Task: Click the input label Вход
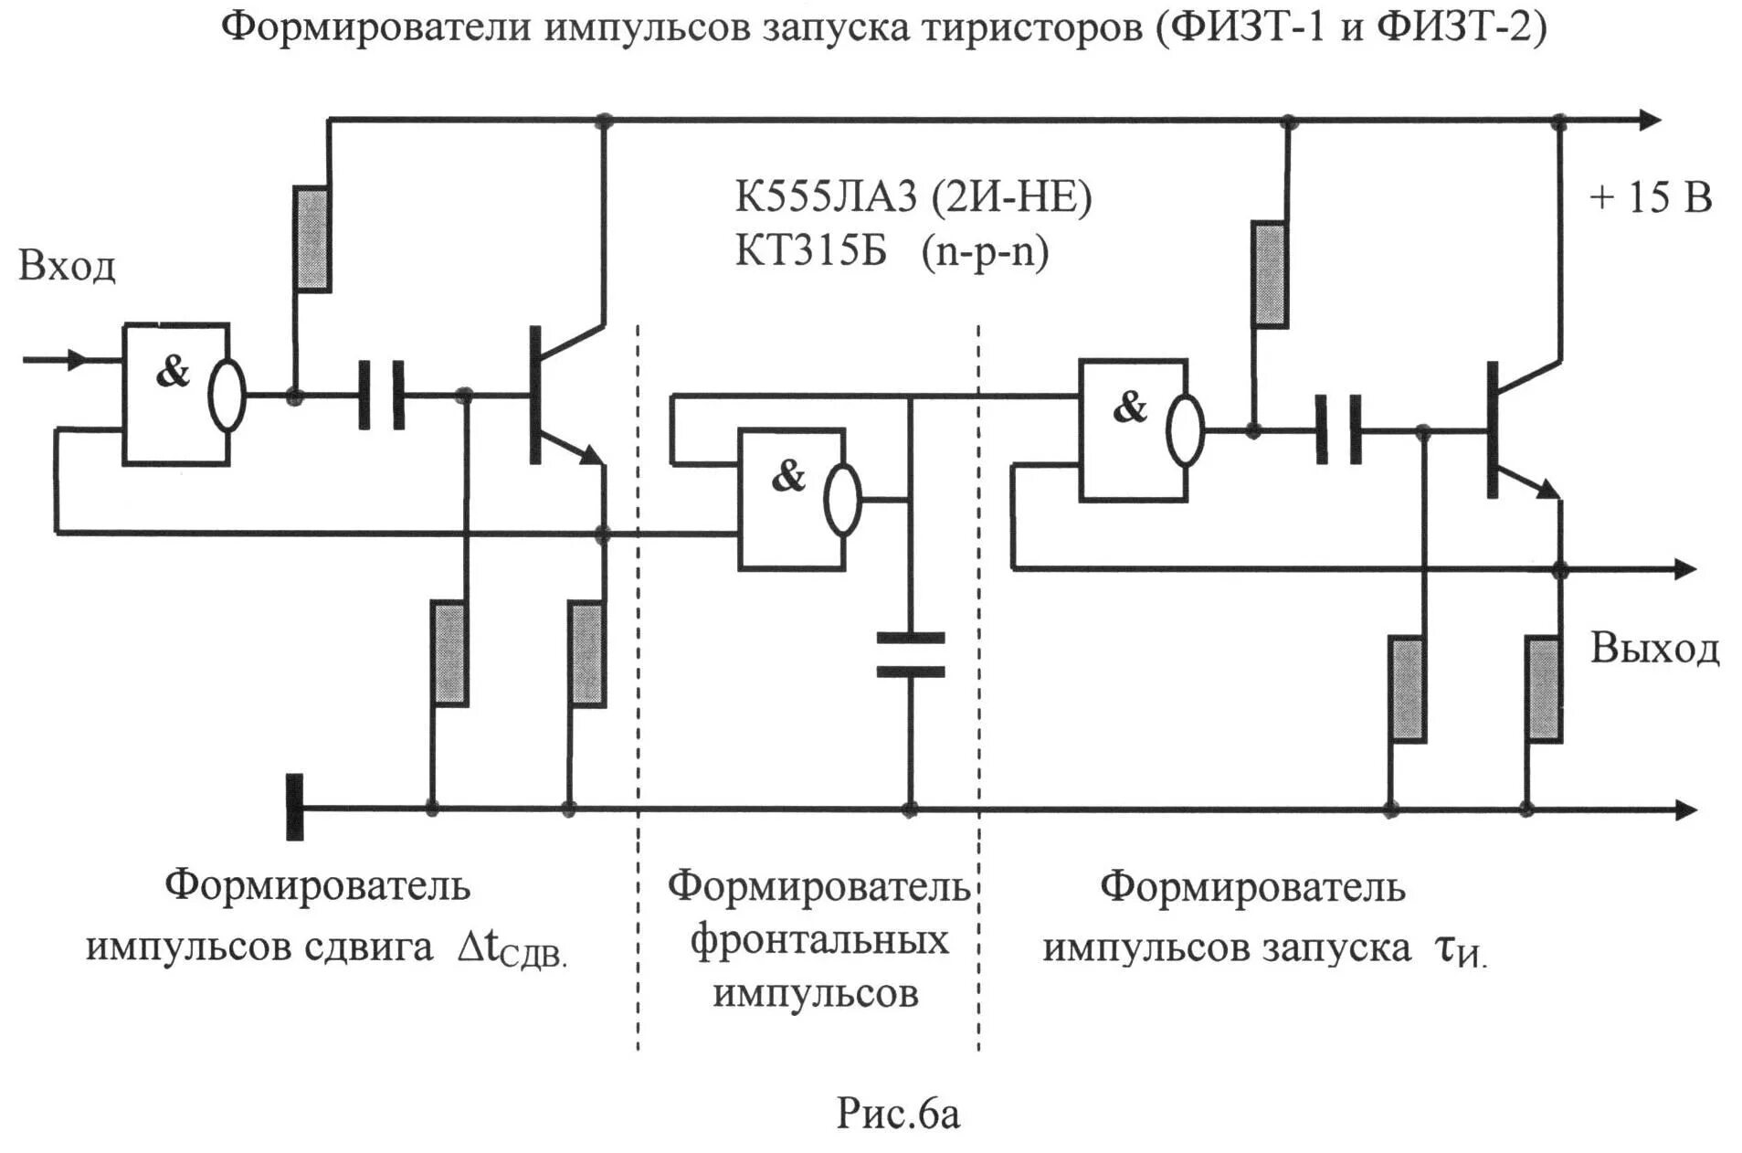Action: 67,266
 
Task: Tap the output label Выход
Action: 1654,648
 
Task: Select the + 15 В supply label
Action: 1651,198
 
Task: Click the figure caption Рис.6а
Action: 898,1114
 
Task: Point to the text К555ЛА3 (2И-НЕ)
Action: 913,197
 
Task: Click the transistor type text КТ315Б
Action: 811,250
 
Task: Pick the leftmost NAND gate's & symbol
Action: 173,371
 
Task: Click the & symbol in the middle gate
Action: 788,476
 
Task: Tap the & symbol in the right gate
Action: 1130,407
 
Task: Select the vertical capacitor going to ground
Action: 910,654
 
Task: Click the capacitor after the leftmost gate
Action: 381,395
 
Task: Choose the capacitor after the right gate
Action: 1338,429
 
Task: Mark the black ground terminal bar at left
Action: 294,807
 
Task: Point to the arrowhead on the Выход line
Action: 1685,569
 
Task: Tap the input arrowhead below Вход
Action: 79,359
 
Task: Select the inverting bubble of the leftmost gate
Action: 227,395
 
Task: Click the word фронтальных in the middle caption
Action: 818,940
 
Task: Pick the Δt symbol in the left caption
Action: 477,947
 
